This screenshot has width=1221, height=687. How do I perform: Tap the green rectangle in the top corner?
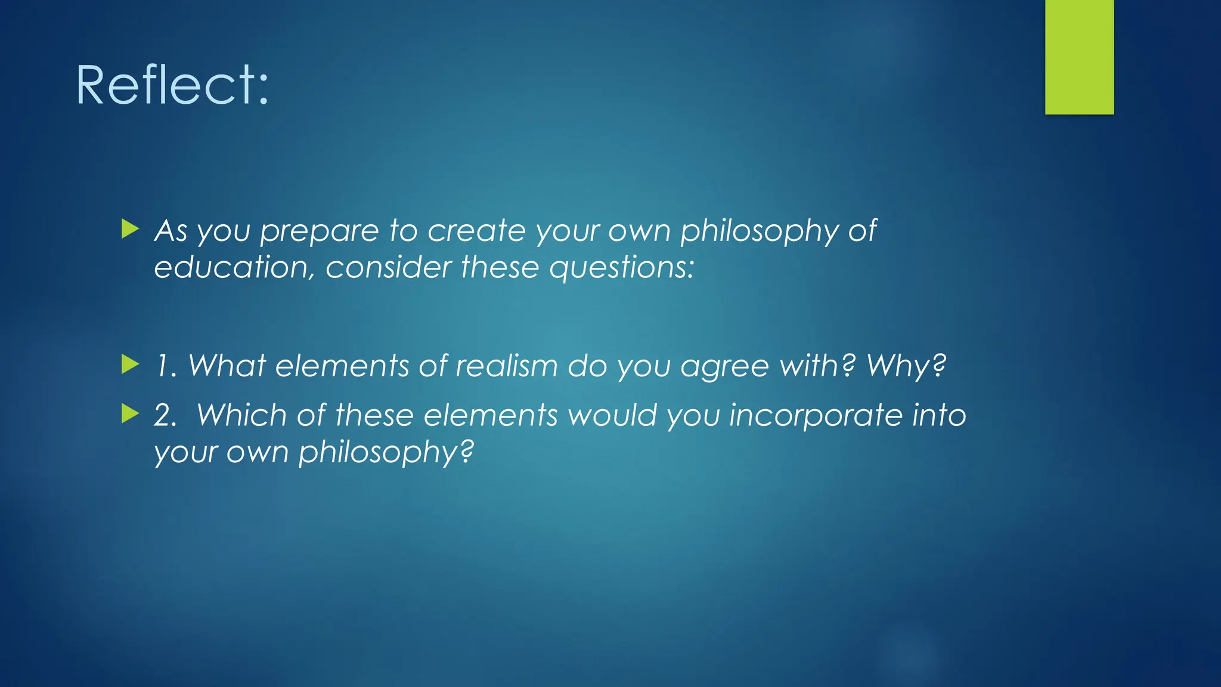[1079, 57]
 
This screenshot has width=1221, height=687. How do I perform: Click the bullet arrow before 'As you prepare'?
[130, 228]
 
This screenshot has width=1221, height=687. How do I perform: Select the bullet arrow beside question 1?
[130, 364]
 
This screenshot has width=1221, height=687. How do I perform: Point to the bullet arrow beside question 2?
[130, 413]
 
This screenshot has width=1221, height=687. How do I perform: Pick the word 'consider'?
[388, 267]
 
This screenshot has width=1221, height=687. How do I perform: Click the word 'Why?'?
[906, 366]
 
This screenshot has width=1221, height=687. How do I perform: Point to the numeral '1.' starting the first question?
[166, 366]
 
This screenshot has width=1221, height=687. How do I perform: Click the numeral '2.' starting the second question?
[165, 416]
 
